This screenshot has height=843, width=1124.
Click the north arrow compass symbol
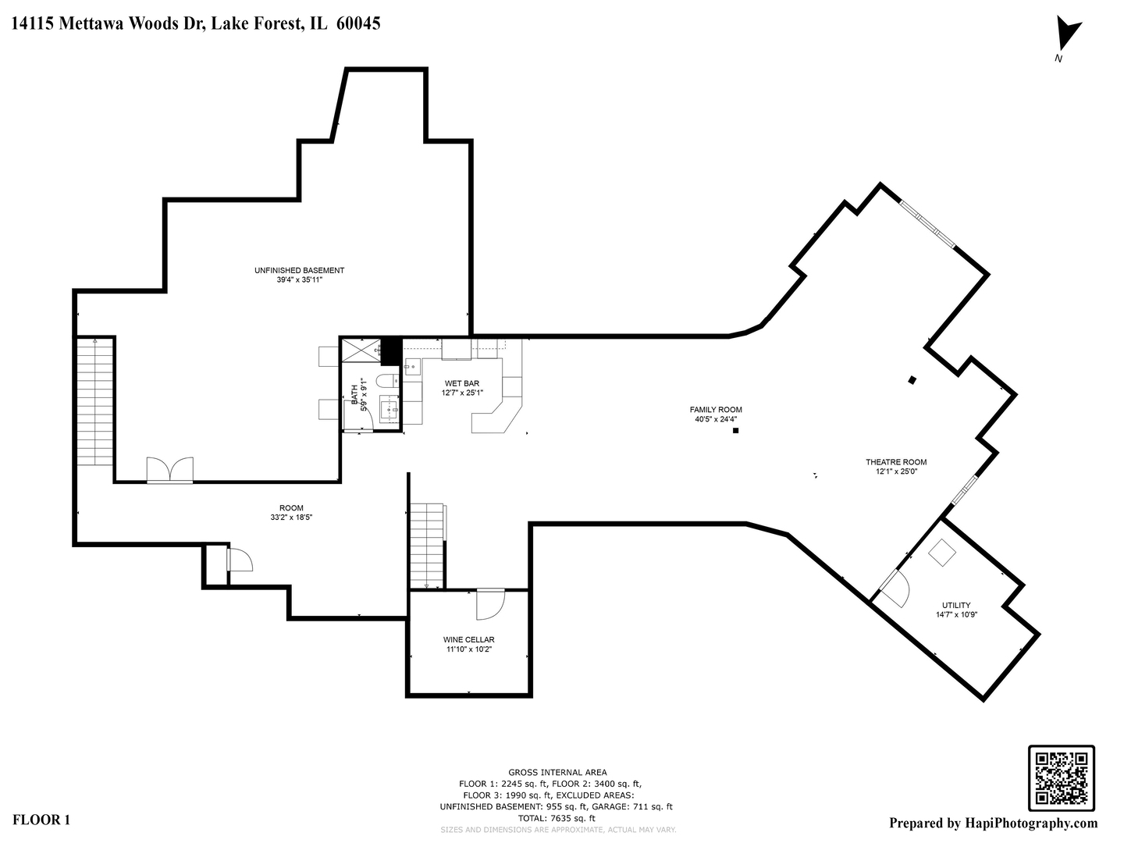click(1066, 36)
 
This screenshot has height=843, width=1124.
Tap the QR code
click(1061, 777)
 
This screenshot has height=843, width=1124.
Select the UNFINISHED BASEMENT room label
click(299, 271)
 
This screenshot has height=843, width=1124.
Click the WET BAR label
click(461, 383)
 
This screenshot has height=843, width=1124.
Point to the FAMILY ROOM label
click(715, 410)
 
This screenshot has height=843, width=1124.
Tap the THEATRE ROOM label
click(895, 462)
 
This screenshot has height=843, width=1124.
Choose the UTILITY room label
click(955, 605)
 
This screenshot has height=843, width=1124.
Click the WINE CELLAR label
click(468, 640)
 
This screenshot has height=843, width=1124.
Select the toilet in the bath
click(385, 381)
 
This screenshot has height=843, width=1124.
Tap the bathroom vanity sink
click(389, 408)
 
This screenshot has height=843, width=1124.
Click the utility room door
click(896, 589)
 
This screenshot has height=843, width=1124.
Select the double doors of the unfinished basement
click(169, 470)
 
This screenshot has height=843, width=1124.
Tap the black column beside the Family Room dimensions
click(735, 430)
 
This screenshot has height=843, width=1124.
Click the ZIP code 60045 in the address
click(358, 23)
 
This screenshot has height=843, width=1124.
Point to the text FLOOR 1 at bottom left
click(42, 820)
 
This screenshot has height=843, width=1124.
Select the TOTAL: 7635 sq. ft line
click(557, 818)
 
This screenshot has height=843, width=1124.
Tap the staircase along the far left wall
click(95, 402)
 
